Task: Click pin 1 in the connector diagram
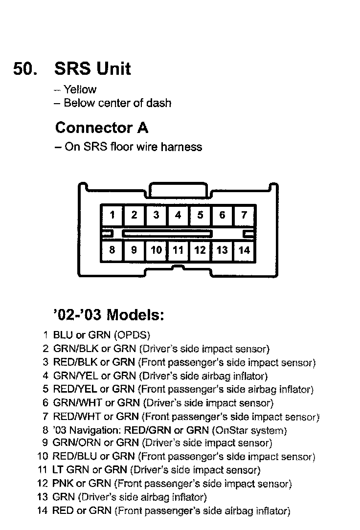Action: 112,215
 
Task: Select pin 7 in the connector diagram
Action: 244,215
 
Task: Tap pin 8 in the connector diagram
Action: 112,250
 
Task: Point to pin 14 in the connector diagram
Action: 244,250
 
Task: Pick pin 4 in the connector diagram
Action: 178,215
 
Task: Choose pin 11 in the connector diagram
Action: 178,250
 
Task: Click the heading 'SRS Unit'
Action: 92,68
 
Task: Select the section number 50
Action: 25,68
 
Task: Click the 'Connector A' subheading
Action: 102,128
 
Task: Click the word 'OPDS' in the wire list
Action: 132,336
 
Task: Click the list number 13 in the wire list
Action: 42,498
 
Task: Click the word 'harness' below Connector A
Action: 182,147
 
